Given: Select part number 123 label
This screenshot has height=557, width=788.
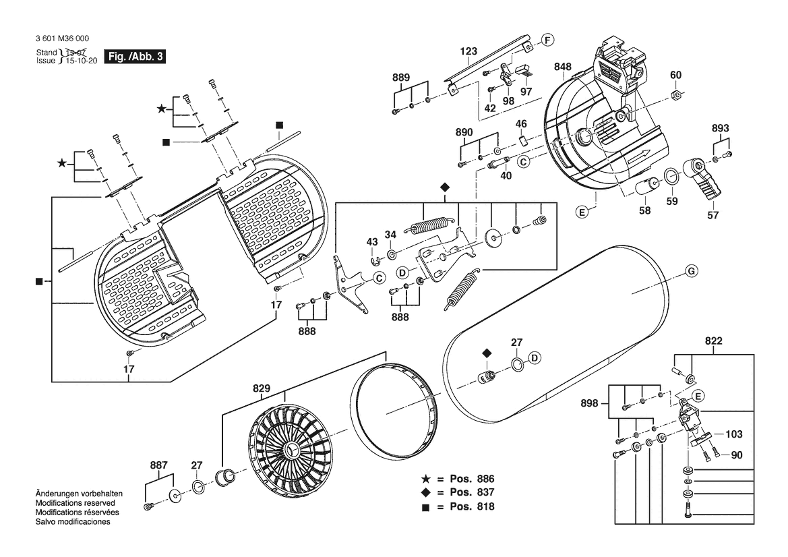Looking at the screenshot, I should pos(468,51).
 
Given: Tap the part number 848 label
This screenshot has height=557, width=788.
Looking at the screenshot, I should pos(563,67).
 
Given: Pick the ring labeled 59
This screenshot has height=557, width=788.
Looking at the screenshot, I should pos(671,177).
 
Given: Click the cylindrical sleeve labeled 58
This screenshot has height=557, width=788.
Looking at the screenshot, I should pos(649,187).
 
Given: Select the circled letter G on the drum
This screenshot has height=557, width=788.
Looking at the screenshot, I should pos(690,271).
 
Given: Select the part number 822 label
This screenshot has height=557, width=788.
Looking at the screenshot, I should pos(714,341).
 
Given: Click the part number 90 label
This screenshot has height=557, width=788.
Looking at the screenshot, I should pos(737,456).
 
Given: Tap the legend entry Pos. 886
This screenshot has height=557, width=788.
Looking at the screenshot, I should pos(458,479).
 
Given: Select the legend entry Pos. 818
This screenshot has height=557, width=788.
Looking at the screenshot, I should pos(458,506).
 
